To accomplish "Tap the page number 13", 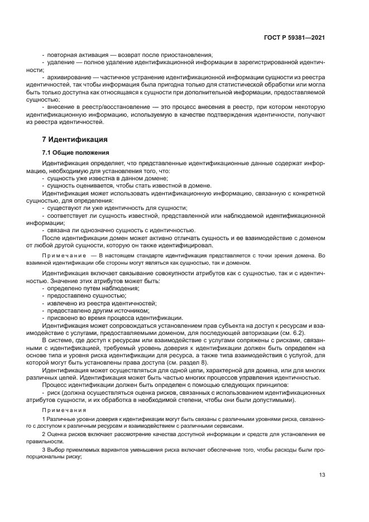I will pos(322,476).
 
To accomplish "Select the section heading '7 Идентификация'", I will pos(75,139).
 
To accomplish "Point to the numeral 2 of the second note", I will pos(44,433).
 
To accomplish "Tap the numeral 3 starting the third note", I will pos(44,449).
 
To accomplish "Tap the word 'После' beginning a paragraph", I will pos(51,237).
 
